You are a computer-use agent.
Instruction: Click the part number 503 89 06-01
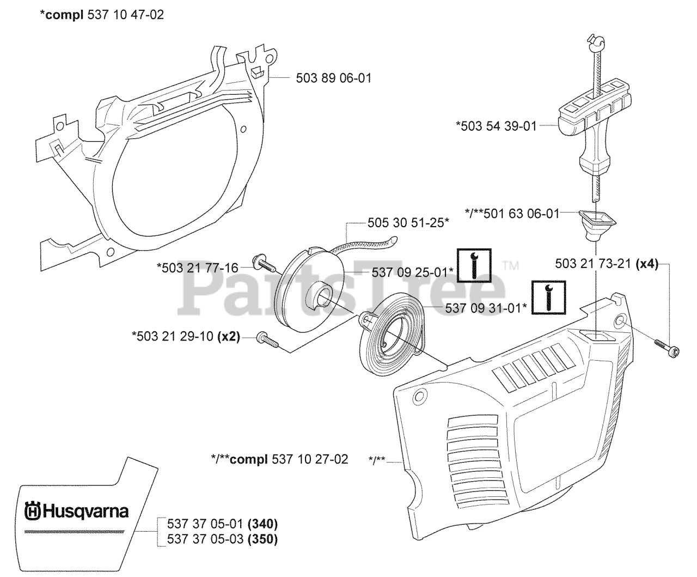click(333, 78)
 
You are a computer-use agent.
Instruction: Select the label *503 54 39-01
click(496, 126)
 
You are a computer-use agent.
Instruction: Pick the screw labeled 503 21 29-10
click(267, 340)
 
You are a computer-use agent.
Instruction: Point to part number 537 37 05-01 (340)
click(218, 525)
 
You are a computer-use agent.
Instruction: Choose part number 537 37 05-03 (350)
click(218, 539)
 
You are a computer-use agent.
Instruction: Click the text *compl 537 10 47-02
click(101, 15)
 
